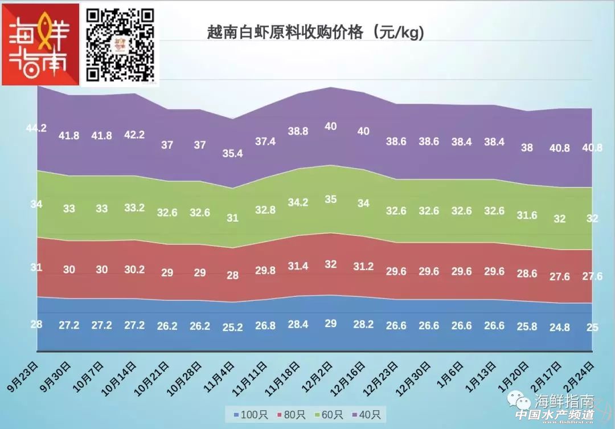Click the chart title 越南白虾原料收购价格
tap(315, 33)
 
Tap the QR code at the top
tap(121, 44)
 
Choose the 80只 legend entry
tap(290, 414)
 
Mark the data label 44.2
tap(36, 128)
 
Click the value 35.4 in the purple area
tap(232, 153)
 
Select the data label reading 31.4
tap(297, 266)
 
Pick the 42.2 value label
tap(134, 135)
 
